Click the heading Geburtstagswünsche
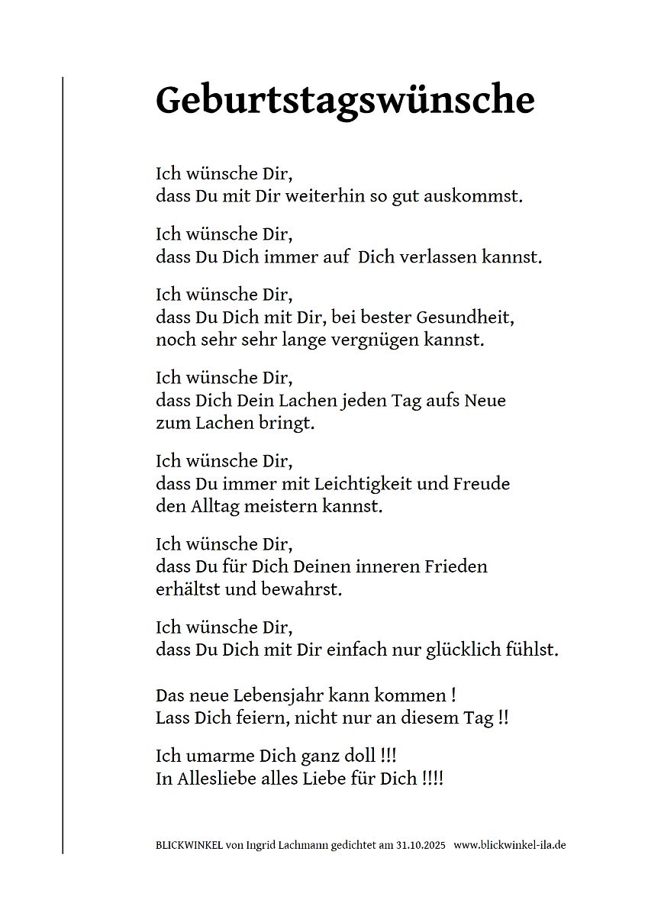[345, 100]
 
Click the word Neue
[485, 400]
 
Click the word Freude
[482, 483]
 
